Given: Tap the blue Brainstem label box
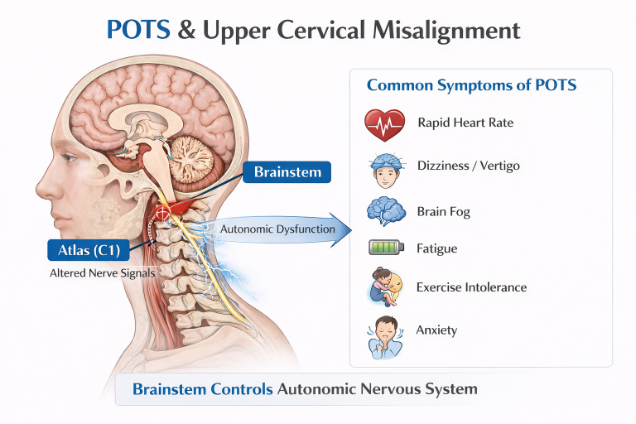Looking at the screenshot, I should [287, 172].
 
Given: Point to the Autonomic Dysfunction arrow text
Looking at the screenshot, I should [277, 229].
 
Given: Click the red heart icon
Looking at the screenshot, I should [384, 125].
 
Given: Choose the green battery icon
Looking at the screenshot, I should [384, 248].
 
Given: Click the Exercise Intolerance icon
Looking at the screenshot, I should [384, 287].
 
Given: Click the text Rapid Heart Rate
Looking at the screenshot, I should [465, 123].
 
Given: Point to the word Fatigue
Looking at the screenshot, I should [437, 248].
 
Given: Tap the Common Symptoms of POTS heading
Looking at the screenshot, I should [471, 85].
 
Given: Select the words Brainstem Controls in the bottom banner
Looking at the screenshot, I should [202, 388].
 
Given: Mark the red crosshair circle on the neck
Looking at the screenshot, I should [162, 214].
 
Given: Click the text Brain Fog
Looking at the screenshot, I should [444, 212].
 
